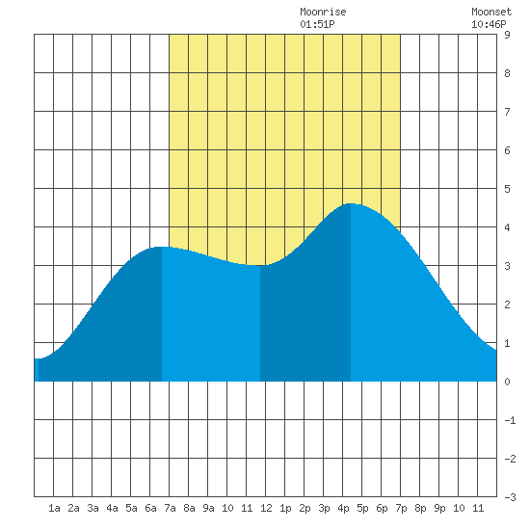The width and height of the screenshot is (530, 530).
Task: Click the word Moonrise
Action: point(323,12)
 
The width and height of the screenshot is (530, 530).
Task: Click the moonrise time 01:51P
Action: point(317,24)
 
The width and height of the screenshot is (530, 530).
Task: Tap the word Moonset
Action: point(491,12)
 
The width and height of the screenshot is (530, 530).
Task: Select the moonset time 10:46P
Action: point(489,24)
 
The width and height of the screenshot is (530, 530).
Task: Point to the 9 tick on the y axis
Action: point(507,35)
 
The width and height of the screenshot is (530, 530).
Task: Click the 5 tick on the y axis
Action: point(507,189)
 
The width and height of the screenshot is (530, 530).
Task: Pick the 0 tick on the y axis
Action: point(507,382)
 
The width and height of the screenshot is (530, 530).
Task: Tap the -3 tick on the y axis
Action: point(510,497)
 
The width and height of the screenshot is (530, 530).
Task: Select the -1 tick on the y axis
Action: point(510,420)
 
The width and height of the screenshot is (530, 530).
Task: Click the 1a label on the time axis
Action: point(54,508)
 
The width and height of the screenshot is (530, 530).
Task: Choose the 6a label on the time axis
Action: point(150,508)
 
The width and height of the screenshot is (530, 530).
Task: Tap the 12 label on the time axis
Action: point(266,508)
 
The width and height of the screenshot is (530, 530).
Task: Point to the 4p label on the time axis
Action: point(343,508)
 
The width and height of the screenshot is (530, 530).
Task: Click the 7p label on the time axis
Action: point(401,508)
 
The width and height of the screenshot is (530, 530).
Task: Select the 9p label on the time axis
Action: point(439,508)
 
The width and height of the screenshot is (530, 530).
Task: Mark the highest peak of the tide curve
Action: point(351,204)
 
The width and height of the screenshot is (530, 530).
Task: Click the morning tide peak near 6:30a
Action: point(162,247)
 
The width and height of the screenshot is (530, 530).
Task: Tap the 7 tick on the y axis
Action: point(507,112)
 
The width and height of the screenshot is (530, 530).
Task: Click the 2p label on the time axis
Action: point(305,508)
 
